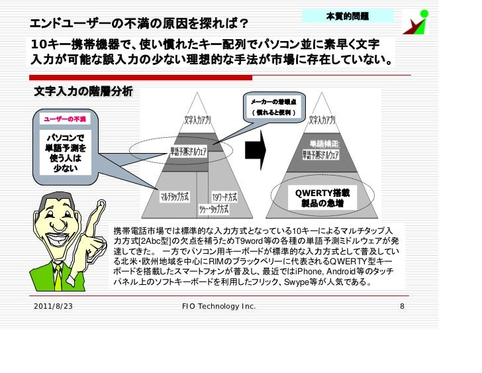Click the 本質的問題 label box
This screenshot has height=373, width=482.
[x=348, y=15]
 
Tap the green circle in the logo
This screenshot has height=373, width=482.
[x=424, y=13]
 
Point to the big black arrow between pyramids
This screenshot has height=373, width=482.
[x=255, y=150]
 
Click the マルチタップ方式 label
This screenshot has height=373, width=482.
[x=175, y=197]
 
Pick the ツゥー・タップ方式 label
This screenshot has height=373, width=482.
[x=213, y=209]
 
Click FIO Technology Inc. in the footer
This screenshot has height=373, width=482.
[x=218, y=307]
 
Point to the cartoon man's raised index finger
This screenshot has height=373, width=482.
[x=101, y=207]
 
